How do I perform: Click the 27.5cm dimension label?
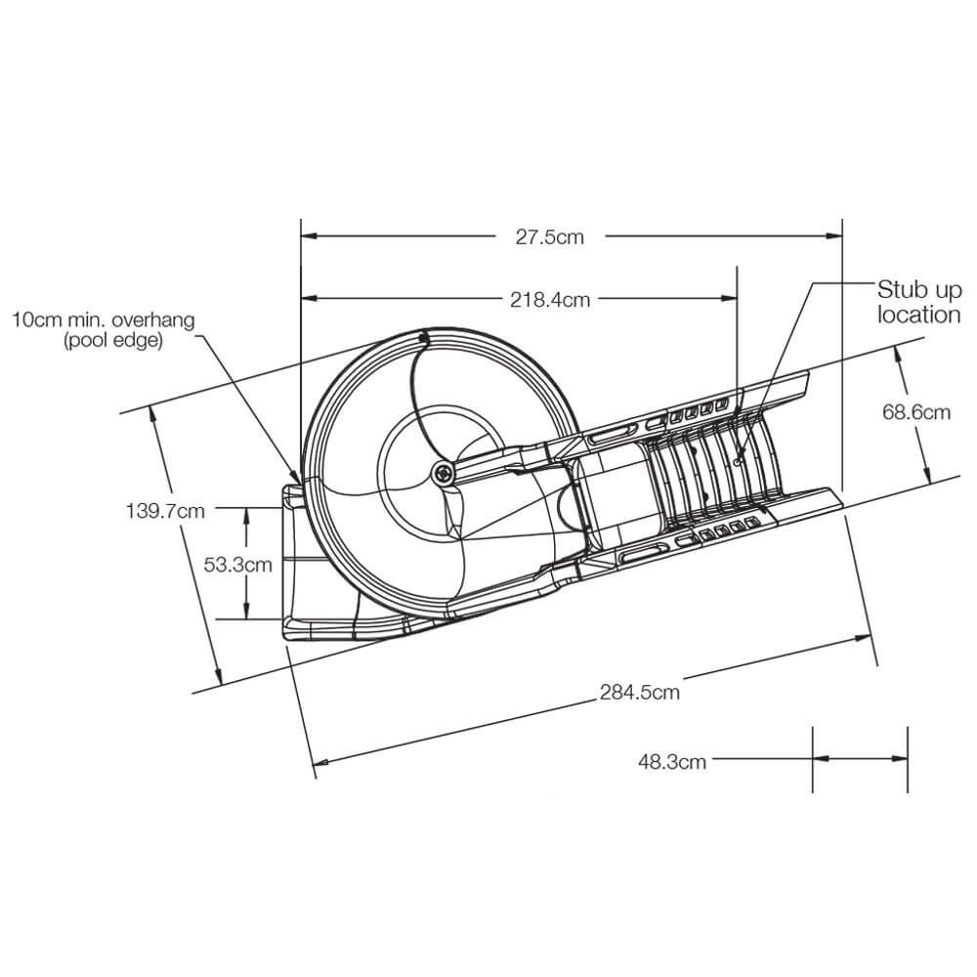(549, 236)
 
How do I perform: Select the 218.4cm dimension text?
(550, 300)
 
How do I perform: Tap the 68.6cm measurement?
(915, 412)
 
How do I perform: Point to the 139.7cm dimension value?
(166, 509)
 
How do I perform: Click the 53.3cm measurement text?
(237, 564)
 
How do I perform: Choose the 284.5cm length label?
(640, 693)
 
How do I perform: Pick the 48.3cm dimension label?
(672, 762)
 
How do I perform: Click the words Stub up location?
(918, 302)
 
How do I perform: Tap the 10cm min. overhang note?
(104, 319)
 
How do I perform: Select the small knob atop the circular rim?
(423, 338)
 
